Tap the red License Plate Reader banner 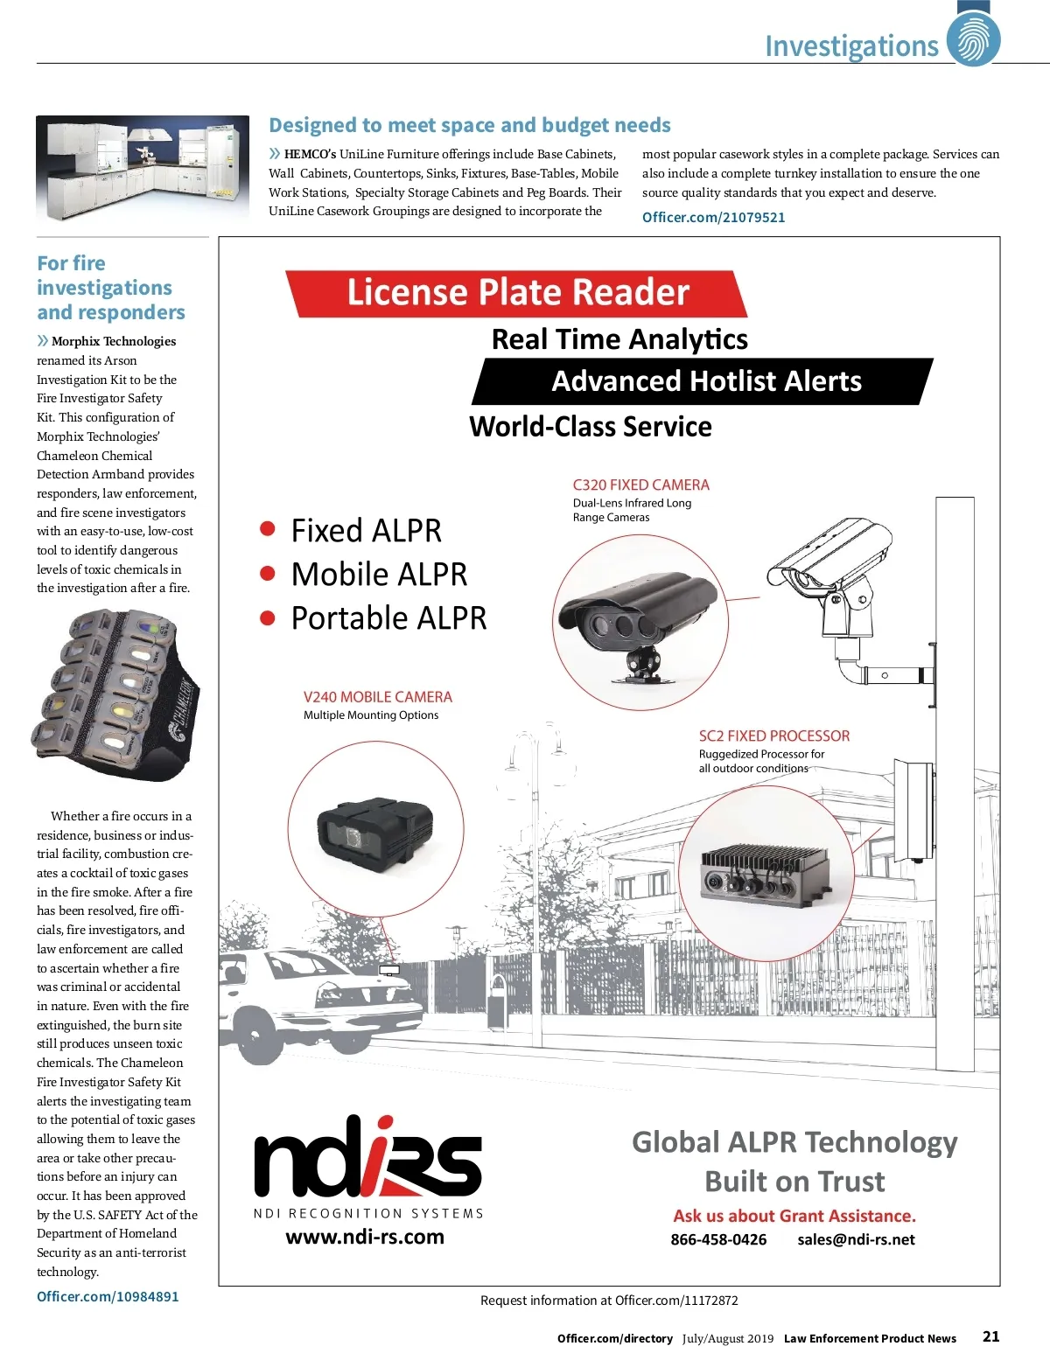click(517, 293)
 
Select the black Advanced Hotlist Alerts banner click(704, 381)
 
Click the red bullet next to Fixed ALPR click(268, 529)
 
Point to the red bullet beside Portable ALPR click(268, 617)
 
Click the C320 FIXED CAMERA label click(640, 485)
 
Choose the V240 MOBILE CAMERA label click(377, 697)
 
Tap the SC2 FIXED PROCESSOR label click(773, 736)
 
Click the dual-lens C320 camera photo click(637, 619)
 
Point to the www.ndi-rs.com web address click(365, 1237)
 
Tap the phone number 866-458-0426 click(718, 1239)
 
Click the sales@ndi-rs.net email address click(856, 1239)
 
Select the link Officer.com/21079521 click(713, 217)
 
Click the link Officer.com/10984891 click(108, 1296)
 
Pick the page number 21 click(990, 1336)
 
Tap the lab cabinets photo click(143, 168)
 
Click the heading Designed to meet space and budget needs click(470, 125)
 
